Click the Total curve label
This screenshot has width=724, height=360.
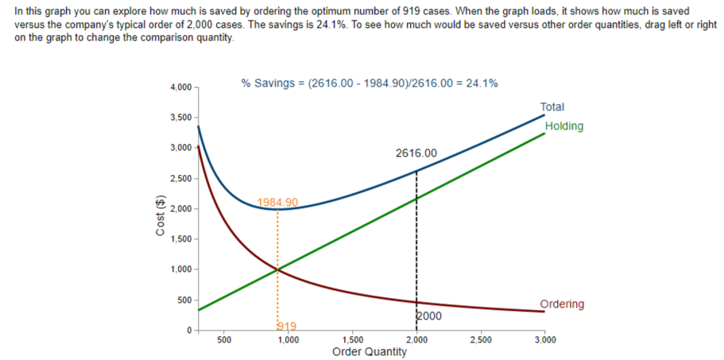552,106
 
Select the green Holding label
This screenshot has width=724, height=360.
564,126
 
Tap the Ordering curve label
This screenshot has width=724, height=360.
562,304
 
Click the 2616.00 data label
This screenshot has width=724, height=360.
416,153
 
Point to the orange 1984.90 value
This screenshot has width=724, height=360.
278,202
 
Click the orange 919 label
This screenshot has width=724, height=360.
286,325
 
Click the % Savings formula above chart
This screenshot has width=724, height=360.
370,83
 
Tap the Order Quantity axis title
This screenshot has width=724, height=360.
370,351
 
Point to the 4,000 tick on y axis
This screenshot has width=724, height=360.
180,87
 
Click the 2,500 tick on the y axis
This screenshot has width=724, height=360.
180,178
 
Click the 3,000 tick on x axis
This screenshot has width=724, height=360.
544,339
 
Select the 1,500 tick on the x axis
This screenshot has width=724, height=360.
352,339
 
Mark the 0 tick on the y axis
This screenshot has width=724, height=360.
189,329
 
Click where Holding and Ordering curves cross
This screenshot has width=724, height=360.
277,269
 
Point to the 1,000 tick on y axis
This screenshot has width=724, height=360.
180,269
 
